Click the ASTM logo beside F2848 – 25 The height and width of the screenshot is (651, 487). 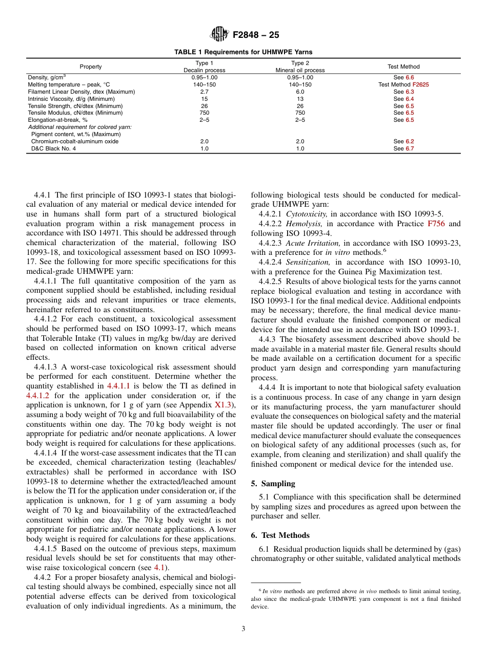(x=220, y=35)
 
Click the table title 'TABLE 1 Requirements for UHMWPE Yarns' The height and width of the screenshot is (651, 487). (x=243, y=52)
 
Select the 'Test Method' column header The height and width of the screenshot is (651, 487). (x=403, y=67)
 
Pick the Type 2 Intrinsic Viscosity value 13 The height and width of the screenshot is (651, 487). (x=300, y=99)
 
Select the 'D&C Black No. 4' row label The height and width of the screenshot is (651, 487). (x=53, y=148)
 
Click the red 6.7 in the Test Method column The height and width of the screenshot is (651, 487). (x=409, y=148)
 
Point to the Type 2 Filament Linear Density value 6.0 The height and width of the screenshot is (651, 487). (x=300, y=92)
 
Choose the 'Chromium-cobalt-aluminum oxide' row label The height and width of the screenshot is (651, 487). (x=75, y=141)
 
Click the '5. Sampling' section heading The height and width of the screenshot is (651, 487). (x=273, y=484)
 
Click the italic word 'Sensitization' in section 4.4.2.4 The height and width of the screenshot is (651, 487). (x=309, y=263)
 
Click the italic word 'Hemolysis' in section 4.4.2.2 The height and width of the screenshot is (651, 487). (x=304, y=224)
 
